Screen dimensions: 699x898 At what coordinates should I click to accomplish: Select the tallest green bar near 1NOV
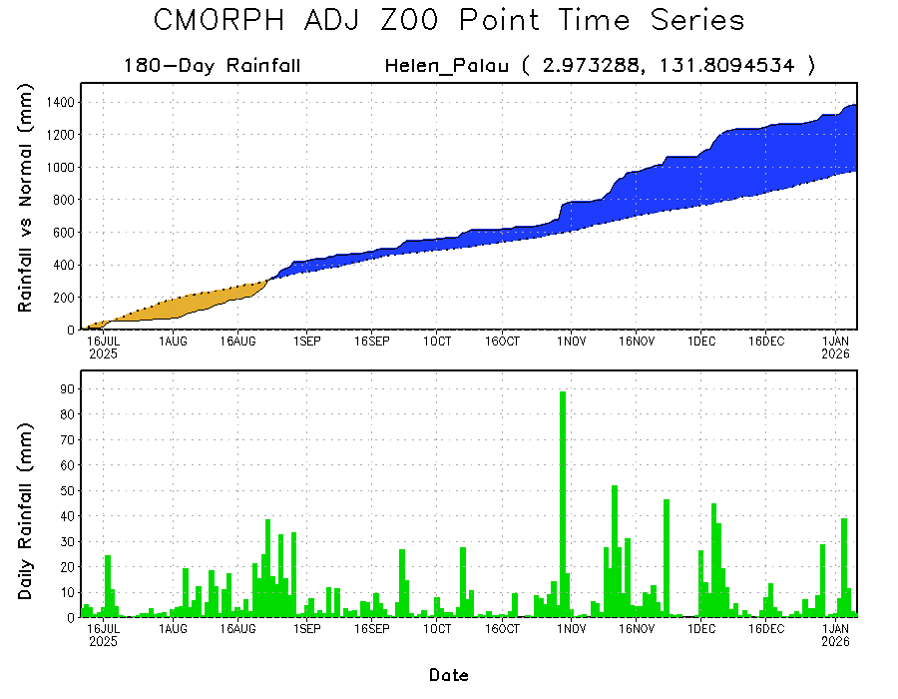point(563,499)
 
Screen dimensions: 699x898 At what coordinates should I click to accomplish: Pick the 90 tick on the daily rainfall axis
point(65,388)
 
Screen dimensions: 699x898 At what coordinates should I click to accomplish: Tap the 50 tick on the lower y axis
point(65,490)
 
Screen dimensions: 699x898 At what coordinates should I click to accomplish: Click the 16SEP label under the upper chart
point(371,341)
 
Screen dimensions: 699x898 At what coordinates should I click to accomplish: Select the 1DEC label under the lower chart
point(700,629)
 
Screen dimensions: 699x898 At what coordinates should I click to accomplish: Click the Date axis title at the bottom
point(449,675)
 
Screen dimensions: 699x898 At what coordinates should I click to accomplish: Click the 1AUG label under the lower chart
point(174,629)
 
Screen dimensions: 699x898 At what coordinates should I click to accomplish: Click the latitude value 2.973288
point(581,67)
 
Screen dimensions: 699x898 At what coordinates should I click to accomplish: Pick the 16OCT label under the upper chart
point(502,341)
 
